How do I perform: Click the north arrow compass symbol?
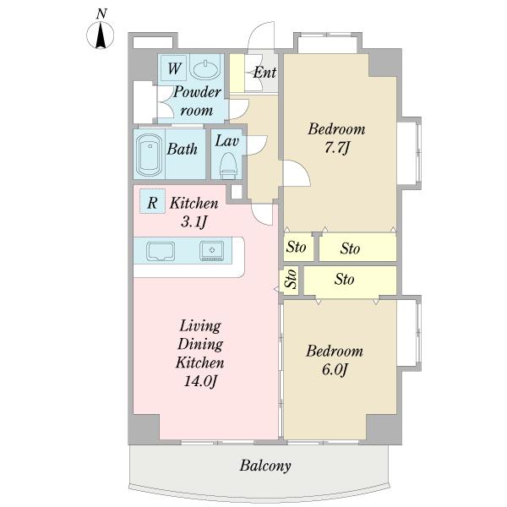(101, 35)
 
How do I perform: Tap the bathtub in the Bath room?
(149, 155)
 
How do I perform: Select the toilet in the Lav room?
(228, 166)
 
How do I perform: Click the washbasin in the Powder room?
(205, 69)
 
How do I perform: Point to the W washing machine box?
(174, 68)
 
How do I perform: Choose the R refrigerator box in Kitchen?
(152, 201)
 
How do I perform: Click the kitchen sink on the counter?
(161, 251)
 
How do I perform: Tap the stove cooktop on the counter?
(212, 251)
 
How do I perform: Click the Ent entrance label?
(264, 72)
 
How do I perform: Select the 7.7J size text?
(337, 148)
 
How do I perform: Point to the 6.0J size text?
(335, 369)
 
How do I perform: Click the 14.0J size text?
(200, 381)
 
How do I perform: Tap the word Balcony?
(265, 466)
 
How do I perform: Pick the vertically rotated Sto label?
(292, 279)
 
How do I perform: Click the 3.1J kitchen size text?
(194, 221)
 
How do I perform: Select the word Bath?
(182, 149)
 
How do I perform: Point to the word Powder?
(197, 92)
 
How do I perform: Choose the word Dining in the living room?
(200, 345)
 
